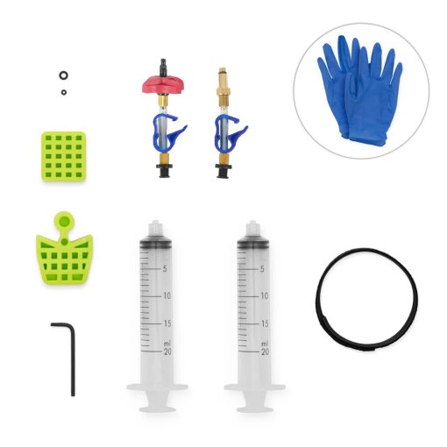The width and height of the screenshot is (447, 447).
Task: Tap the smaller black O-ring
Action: click(63, 90)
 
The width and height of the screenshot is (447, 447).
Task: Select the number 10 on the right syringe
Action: click(262, 296)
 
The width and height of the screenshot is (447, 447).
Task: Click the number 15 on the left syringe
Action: click(166, 323)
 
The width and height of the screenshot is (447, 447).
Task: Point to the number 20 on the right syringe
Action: click(262, 351)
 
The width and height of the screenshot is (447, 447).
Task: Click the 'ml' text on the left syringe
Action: click(167, 342)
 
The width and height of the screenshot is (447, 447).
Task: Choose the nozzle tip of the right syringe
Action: click(253, 225)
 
